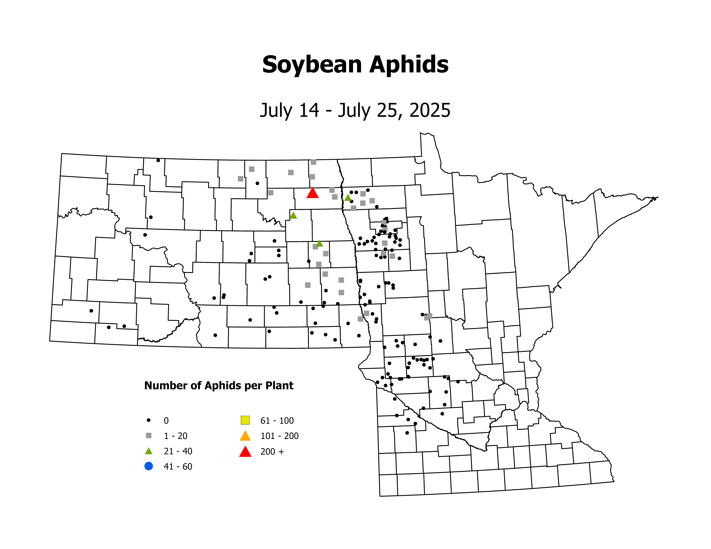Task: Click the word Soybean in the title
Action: click(312, 65)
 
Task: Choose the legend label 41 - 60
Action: click(178, 466)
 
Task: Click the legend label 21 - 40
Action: click(178, 451)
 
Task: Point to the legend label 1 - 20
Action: click(175, 436)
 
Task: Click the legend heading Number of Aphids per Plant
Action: click(219, 385)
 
